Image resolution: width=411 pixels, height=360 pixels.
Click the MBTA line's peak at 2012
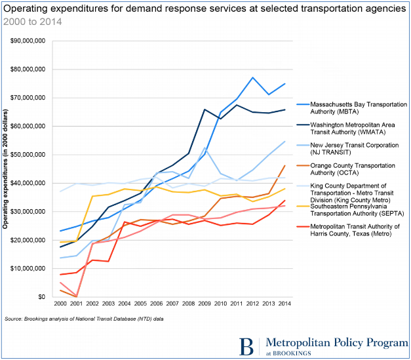[x=252, y=77]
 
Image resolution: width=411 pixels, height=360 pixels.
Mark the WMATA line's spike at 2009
[x=205, y=110]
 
